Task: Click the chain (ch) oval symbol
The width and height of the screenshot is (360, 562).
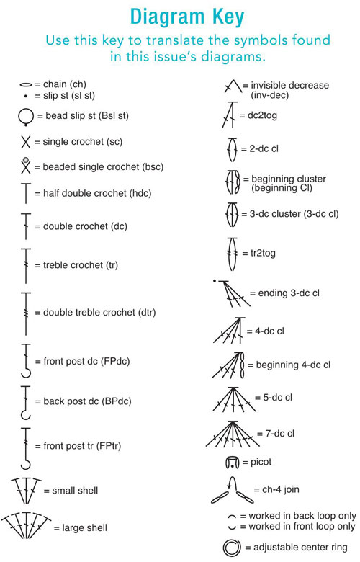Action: [x=26, y=85]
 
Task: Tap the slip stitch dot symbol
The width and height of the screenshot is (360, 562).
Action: [x=25, y=96]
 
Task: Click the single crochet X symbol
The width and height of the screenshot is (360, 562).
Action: [x=26, y=141]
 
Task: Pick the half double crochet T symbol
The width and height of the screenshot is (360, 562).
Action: [x=26, y=194]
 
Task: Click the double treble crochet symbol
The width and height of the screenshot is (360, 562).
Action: [x=26, y=313]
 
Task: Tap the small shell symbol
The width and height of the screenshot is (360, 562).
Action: [x=26, y=491]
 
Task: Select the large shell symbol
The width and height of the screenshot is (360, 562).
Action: [x=26, y=526]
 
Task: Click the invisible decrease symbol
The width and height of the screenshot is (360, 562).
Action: [x=233, y=86]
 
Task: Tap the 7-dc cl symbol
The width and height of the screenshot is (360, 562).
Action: [x=233, y=434]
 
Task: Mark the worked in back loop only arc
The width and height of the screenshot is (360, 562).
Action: [x=232, y=516]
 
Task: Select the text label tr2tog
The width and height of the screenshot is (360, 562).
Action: [x=263, y=254]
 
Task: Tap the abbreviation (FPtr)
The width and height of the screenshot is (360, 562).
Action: [x=109, y=446]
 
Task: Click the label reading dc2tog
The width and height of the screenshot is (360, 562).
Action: [x=262, y=116]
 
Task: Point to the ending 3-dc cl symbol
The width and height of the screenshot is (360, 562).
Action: [x=232, y=293]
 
